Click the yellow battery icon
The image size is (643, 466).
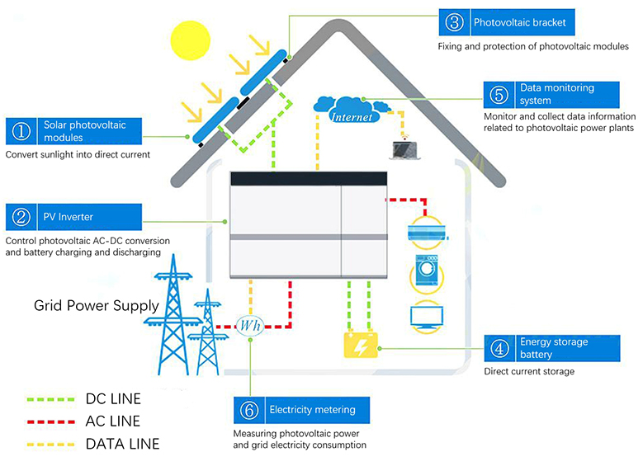(361, 344)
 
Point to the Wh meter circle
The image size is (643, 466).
(250, 326)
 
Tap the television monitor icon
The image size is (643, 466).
(428, 317)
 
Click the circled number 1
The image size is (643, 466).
(21, 131)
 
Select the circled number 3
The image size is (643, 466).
(454, 23)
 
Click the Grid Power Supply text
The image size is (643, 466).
(96, 306)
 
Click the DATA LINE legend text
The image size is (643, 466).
(122, 443)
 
